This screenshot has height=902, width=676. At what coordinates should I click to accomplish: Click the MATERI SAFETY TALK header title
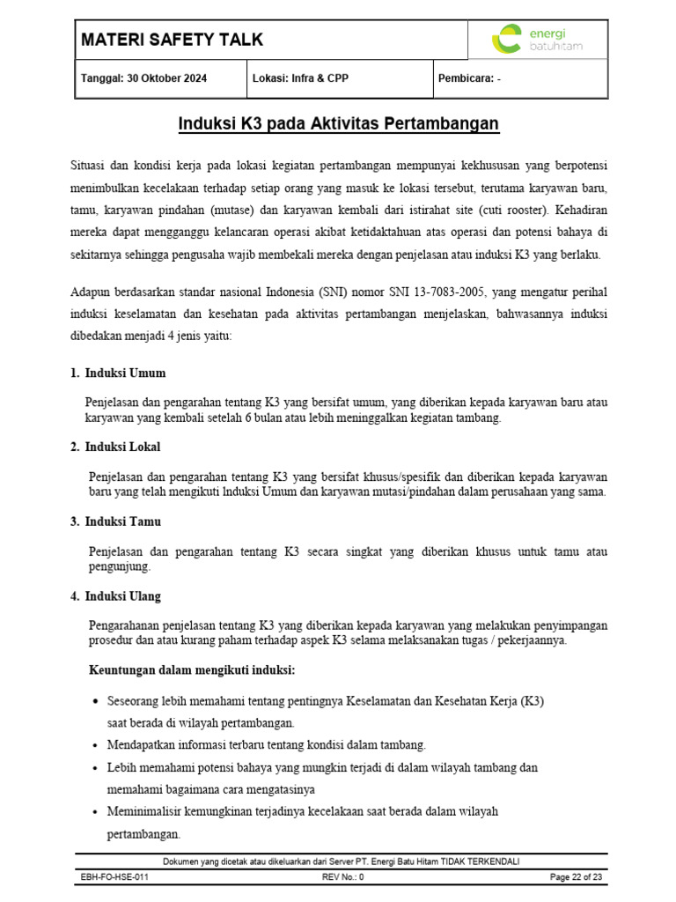(x=172, y=40)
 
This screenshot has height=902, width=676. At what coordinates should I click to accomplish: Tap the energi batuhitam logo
(x=537, y=40)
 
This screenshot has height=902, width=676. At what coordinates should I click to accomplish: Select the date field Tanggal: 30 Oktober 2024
(x=144, y=78)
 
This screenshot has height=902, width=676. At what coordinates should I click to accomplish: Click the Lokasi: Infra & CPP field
(x=300, y=78)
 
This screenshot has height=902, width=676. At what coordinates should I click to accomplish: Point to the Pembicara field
(x=469, y=78)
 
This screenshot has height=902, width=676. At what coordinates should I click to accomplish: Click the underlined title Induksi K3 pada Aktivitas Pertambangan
(x=339, y=124)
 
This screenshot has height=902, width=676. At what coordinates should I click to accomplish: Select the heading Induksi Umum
(x=125, y=373)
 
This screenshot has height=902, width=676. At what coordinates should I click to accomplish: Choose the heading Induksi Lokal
(x=122, y=447)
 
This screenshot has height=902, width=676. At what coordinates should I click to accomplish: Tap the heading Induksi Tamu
(x=123, y=521)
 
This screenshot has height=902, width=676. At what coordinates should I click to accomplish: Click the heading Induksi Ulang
(x=123, y=596)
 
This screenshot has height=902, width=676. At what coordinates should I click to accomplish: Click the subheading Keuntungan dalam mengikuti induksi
(x=192, y=670)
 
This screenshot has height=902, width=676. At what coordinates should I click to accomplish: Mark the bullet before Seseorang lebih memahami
(x=95, y=701)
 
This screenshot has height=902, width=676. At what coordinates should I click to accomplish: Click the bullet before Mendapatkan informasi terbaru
(x=95, y=745)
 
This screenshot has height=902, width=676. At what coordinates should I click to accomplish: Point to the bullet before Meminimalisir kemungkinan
(x=95, y=811)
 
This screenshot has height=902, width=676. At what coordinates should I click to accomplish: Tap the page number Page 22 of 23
(x=576, y=877)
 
